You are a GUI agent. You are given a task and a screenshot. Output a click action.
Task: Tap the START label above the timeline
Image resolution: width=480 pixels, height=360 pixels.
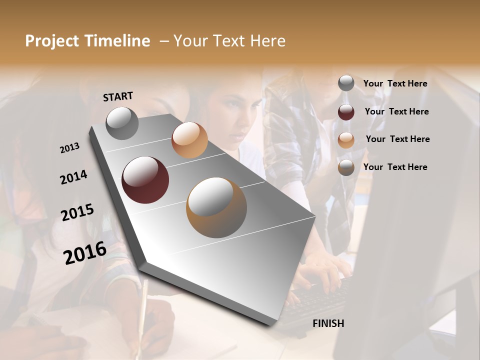[118, 96]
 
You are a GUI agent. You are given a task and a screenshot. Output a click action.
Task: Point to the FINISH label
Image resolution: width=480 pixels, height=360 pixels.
[328, 323]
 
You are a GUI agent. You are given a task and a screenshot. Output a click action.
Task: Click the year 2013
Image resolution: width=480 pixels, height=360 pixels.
[69, 148]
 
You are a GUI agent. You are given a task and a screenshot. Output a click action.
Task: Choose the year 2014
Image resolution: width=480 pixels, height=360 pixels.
[73, 177]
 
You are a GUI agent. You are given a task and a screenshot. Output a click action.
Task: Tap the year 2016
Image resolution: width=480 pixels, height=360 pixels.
[85, 253]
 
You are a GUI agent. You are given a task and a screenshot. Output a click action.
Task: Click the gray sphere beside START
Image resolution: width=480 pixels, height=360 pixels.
[122, 123]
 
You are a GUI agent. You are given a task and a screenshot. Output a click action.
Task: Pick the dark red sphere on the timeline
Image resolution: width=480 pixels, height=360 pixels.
[145, 180]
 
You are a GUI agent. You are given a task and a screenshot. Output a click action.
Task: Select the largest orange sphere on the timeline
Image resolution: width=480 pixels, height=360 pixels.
[216, 207]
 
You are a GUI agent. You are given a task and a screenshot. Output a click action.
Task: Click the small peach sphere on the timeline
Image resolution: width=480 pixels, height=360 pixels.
[189, 140]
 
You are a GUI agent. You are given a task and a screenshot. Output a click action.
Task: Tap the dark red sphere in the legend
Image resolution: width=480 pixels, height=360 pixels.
[346, 112]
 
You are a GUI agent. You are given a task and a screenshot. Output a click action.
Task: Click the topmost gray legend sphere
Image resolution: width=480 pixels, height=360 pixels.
[346, 83]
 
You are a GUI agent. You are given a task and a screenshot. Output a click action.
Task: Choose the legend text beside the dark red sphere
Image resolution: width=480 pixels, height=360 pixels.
[396, 111]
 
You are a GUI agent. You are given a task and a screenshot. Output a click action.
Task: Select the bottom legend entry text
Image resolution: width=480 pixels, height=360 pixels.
[395, 167]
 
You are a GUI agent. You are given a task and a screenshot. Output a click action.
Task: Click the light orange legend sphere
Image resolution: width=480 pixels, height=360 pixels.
[346, 140]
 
